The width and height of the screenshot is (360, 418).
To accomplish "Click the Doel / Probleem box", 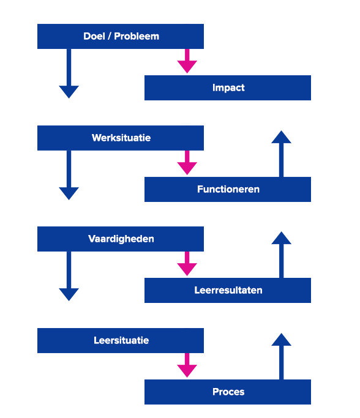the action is tap(121, 36).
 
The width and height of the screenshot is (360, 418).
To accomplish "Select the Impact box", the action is tap(228, 88).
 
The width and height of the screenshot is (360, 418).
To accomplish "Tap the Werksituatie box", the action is tap(121, 138).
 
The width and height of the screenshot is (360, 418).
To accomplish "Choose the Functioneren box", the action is tap(228, 189).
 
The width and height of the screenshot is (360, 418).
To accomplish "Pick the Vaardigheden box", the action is tap(121, 239).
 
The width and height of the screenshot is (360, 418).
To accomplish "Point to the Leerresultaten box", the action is tap(228, 290).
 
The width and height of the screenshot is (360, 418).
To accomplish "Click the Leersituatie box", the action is tap(121, 340).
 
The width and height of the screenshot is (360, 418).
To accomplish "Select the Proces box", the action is tap(228, 392).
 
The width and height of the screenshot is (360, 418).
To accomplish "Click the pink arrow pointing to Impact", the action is tap(187, 61).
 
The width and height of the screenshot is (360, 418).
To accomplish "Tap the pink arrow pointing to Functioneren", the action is tap(187, 163).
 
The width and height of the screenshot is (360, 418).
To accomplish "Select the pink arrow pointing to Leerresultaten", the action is tap(187, 264).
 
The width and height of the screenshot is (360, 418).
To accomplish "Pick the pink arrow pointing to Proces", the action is tap(187, 365).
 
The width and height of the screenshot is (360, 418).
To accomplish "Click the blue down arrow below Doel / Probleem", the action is tap(69, 73).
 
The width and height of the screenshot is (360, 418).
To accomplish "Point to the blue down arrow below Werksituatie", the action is tap(69, 175).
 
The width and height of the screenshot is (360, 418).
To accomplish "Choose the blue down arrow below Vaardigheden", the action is tap(69, 276).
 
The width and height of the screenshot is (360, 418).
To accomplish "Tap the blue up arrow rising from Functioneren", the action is tap(282, 154).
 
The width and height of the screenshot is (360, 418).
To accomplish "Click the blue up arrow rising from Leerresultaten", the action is tap(282, 255).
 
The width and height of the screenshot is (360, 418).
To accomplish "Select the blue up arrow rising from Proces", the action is tap(282, 356).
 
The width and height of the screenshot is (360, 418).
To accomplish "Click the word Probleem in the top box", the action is tap(137, 36).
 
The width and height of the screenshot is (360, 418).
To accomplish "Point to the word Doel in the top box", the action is tap(94, 36).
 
